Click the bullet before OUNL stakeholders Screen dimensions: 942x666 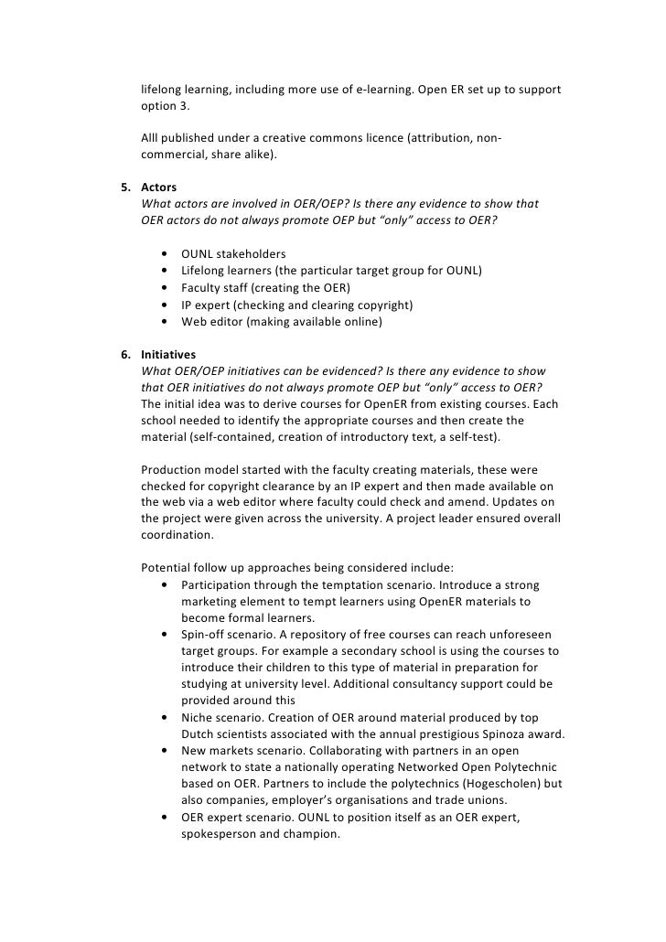click(163, 254)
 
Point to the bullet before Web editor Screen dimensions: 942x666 click(163, 322)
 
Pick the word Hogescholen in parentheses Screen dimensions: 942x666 click(499, 784)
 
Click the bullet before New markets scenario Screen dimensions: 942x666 click(163, 751)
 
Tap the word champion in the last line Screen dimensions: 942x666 click(308, 834)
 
